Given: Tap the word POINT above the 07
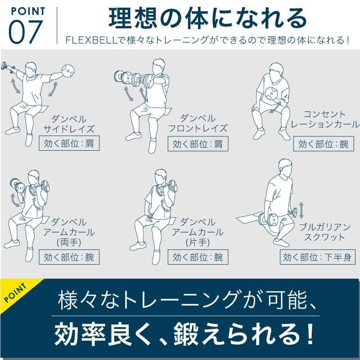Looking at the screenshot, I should (27, 10).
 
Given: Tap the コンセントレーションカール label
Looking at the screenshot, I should (325, 119).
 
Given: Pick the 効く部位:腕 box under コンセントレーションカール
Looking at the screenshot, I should (323, 144).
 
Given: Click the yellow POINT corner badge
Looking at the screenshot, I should (16, 292).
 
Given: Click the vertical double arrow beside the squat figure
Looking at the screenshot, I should (301, 210).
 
